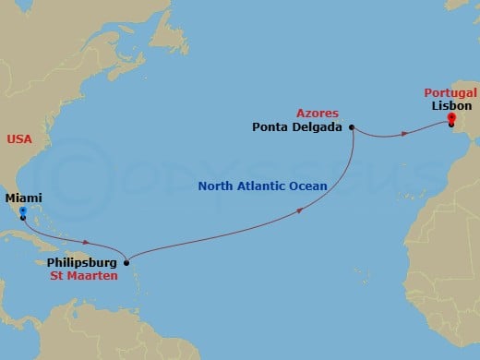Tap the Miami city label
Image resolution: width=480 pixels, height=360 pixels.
pos(24,198)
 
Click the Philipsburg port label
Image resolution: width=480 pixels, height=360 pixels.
pos(84,262)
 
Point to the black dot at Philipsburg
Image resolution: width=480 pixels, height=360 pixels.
pos(126,261)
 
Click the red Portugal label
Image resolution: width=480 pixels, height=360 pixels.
pos(450,93)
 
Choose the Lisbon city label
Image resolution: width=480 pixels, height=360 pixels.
pos(449,105)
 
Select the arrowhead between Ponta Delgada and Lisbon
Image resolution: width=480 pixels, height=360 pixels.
pos(405,135)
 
